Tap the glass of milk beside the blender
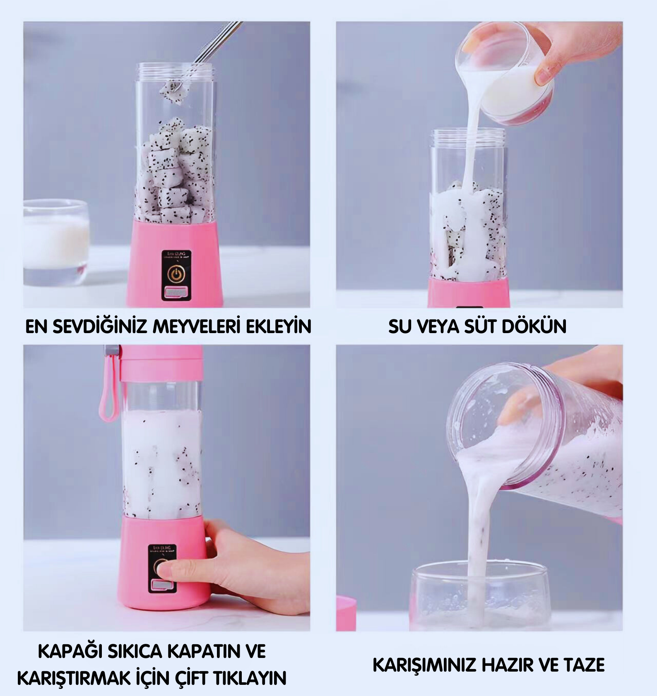(x=56, y=242)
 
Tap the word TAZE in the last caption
(x=585, y=665)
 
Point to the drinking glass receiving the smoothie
(x=478, y=596)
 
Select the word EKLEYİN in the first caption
(x=279, y=327)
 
